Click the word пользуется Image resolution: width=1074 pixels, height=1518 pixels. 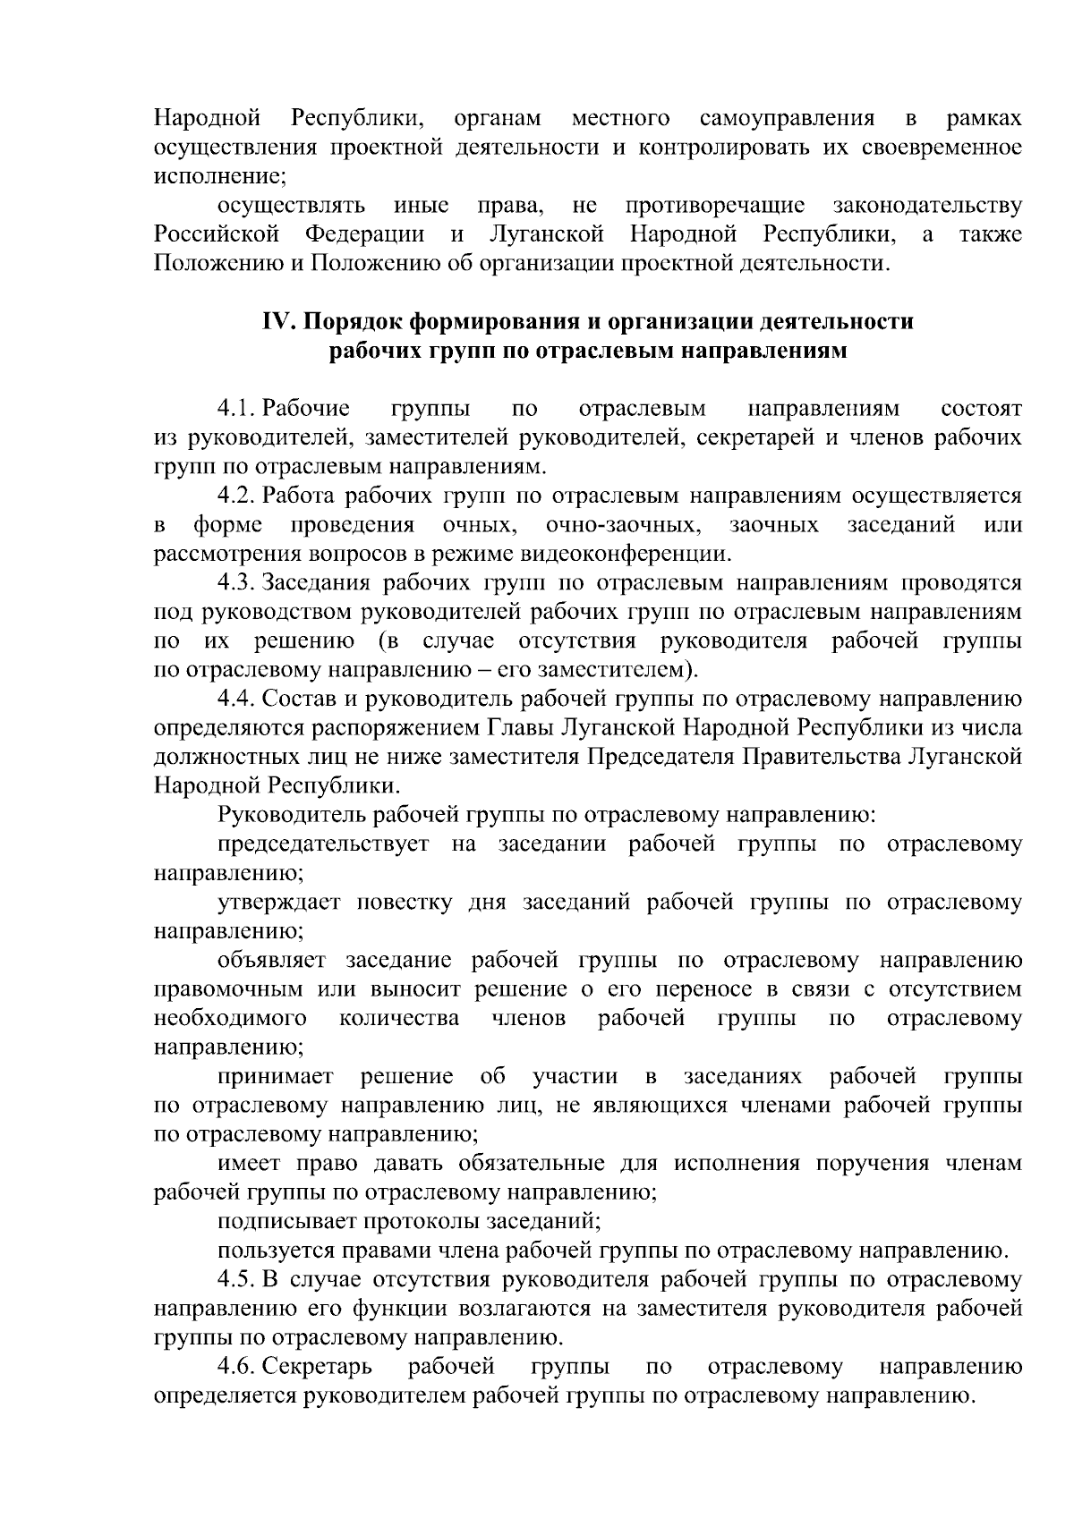pyautogui.click(x=270, y=1251)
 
